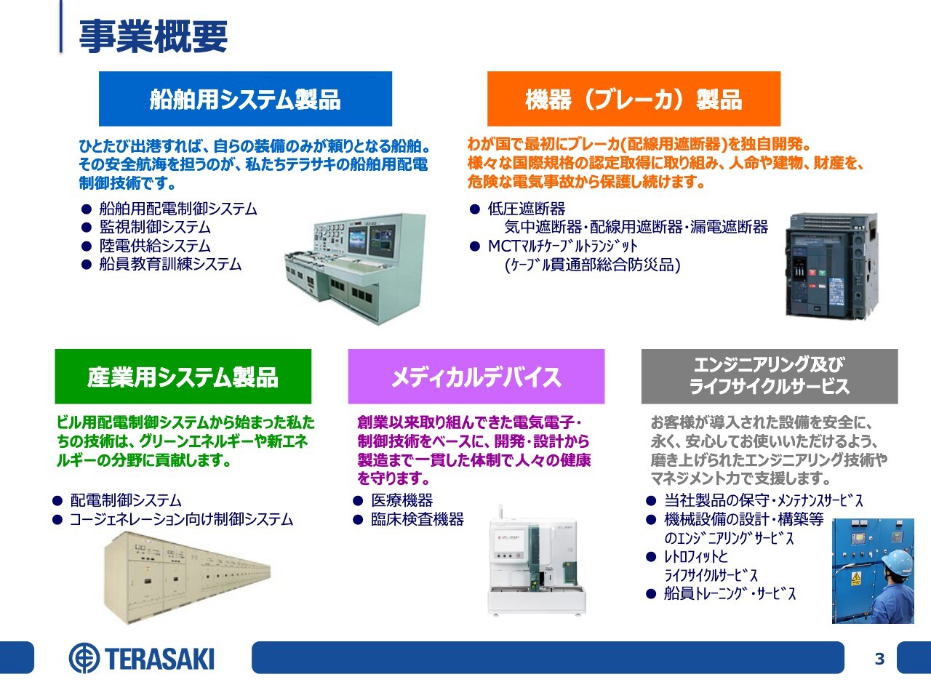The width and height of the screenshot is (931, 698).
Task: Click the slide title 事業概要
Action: [153, 36]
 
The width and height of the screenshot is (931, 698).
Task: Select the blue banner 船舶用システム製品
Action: [245, 99]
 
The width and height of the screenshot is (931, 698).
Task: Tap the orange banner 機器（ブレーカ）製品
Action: [634, 99]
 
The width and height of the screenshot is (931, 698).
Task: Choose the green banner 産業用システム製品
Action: [183, 377]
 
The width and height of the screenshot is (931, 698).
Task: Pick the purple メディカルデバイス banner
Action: [476, 377]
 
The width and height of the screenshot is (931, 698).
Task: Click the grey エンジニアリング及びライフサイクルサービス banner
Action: [770, 377]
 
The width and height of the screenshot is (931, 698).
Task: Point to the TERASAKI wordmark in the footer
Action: [159, 659]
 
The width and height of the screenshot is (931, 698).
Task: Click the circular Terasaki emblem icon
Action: [84, 658]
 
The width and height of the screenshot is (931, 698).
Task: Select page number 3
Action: [879, 659]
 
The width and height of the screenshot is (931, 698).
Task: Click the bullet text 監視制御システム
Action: [155, 228]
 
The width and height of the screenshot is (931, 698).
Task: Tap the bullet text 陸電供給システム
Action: [155, 246]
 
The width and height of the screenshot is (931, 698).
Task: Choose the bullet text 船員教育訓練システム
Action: [170, 265]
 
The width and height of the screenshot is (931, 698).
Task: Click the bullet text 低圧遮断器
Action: [527, 209]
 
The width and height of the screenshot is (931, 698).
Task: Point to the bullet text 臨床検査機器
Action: [417, 519]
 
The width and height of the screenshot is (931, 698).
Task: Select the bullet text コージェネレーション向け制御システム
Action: [182, 519]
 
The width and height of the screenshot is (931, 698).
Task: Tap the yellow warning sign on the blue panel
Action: [856, 577]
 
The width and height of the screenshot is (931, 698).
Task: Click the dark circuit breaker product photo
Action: [831, 265]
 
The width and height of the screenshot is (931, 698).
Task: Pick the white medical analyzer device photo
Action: [537, 560]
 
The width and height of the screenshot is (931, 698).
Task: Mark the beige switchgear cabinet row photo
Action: [187, 577]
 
